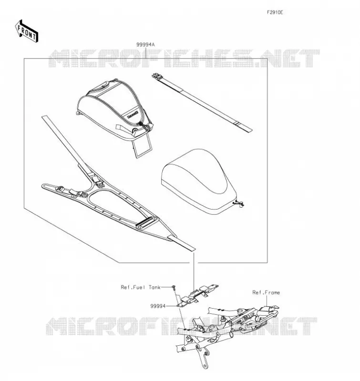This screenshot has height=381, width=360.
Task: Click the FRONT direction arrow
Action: point(26,31)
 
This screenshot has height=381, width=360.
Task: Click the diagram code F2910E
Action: point(275,12)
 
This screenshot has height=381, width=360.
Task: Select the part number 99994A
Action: point(145,44)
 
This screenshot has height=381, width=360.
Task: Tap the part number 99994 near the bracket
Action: point(158,306)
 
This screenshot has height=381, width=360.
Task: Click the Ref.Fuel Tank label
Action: point(141,287)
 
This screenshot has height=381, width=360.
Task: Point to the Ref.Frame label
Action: point(266,292)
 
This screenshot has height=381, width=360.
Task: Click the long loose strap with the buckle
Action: point(202,103)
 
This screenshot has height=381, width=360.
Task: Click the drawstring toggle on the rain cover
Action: point(238,204)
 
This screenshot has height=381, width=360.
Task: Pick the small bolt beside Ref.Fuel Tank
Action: point(174,288)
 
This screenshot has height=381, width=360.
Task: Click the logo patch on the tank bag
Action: point(133,115)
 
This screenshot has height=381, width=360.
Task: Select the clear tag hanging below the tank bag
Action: point(142,146)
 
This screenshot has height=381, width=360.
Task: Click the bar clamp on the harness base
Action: point(147,223)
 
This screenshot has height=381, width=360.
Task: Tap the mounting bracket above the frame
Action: point(197,294)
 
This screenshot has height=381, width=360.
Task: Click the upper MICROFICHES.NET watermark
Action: point(184,58)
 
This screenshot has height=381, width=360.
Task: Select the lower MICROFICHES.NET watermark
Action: point(181,326)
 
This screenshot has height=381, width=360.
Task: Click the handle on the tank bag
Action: point(104,85)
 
